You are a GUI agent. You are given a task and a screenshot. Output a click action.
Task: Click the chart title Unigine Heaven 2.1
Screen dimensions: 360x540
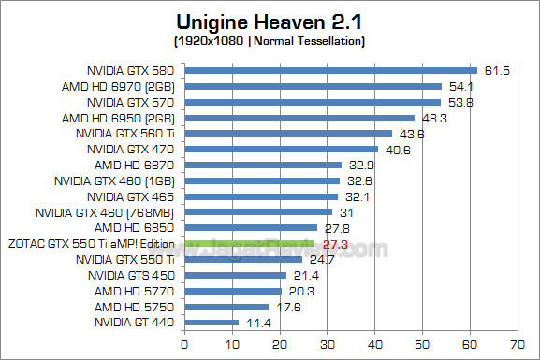coord(270,21)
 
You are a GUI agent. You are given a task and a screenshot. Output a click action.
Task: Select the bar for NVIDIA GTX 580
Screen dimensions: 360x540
coord(331,70)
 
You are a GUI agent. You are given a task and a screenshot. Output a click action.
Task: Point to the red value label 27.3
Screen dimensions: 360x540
coord(334,243)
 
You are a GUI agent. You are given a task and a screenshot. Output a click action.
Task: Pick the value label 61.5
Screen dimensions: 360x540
coord(494,70)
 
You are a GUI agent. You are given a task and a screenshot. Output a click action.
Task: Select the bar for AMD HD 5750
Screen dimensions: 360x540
coord(226,307)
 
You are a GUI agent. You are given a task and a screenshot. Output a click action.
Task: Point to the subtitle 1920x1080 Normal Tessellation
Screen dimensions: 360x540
coord(270,41)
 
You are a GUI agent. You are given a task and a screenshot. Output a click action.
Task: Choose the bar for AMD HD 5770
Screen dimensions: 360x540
coord(233,291)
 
